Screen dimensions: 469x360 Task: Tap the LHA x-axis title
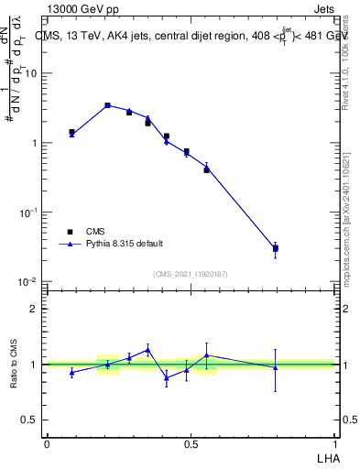326,456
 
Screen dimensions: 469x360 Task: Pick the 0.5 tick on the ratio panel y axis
31,420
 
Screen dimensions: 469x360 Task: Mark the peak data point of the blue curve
107,105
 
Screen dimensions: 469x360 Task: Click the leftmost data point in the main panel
71,133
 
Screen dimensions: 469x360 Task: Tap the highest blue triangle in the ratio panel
147,349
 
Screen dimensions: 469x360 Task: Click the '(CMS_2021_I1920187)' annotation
191,273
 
